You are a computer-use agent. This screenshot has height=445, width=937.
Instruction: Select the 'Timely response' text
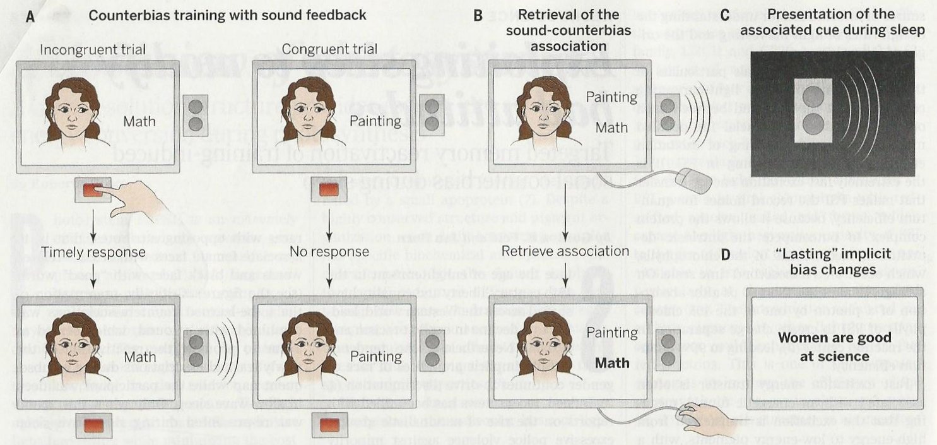pyautogui.click(x=93, y=253)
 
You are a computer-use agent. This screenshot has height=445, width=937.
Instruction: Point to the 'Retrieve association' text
pyautogui.click(x=565, y=252)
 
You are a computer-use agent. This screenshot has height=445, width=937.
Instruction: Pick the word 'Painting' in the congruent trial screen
pyautogui.click(x=381, y=121)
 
